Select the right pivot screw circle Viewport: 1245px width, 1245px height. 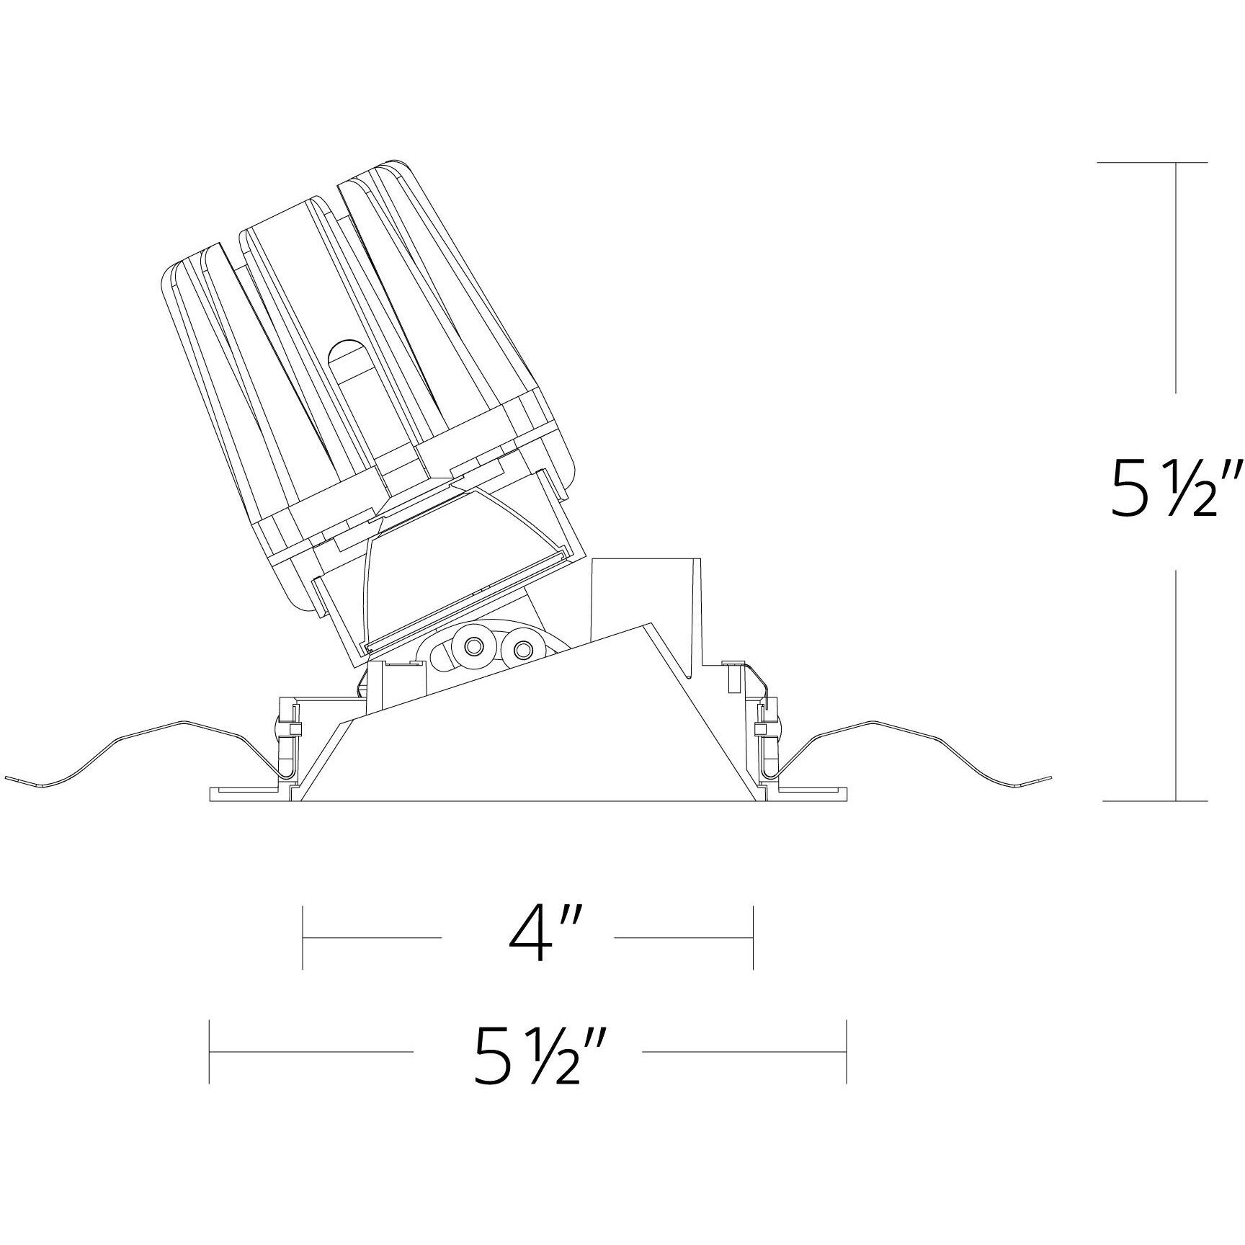(x=520, y=650)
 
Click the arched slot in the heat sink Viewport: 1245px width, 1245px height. (x=347, y=355)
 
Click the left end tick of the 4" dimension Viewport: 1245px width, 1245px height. (x=303, y=937)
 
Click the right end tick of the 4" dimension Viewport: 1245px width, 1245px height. (x=753, y=937)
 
